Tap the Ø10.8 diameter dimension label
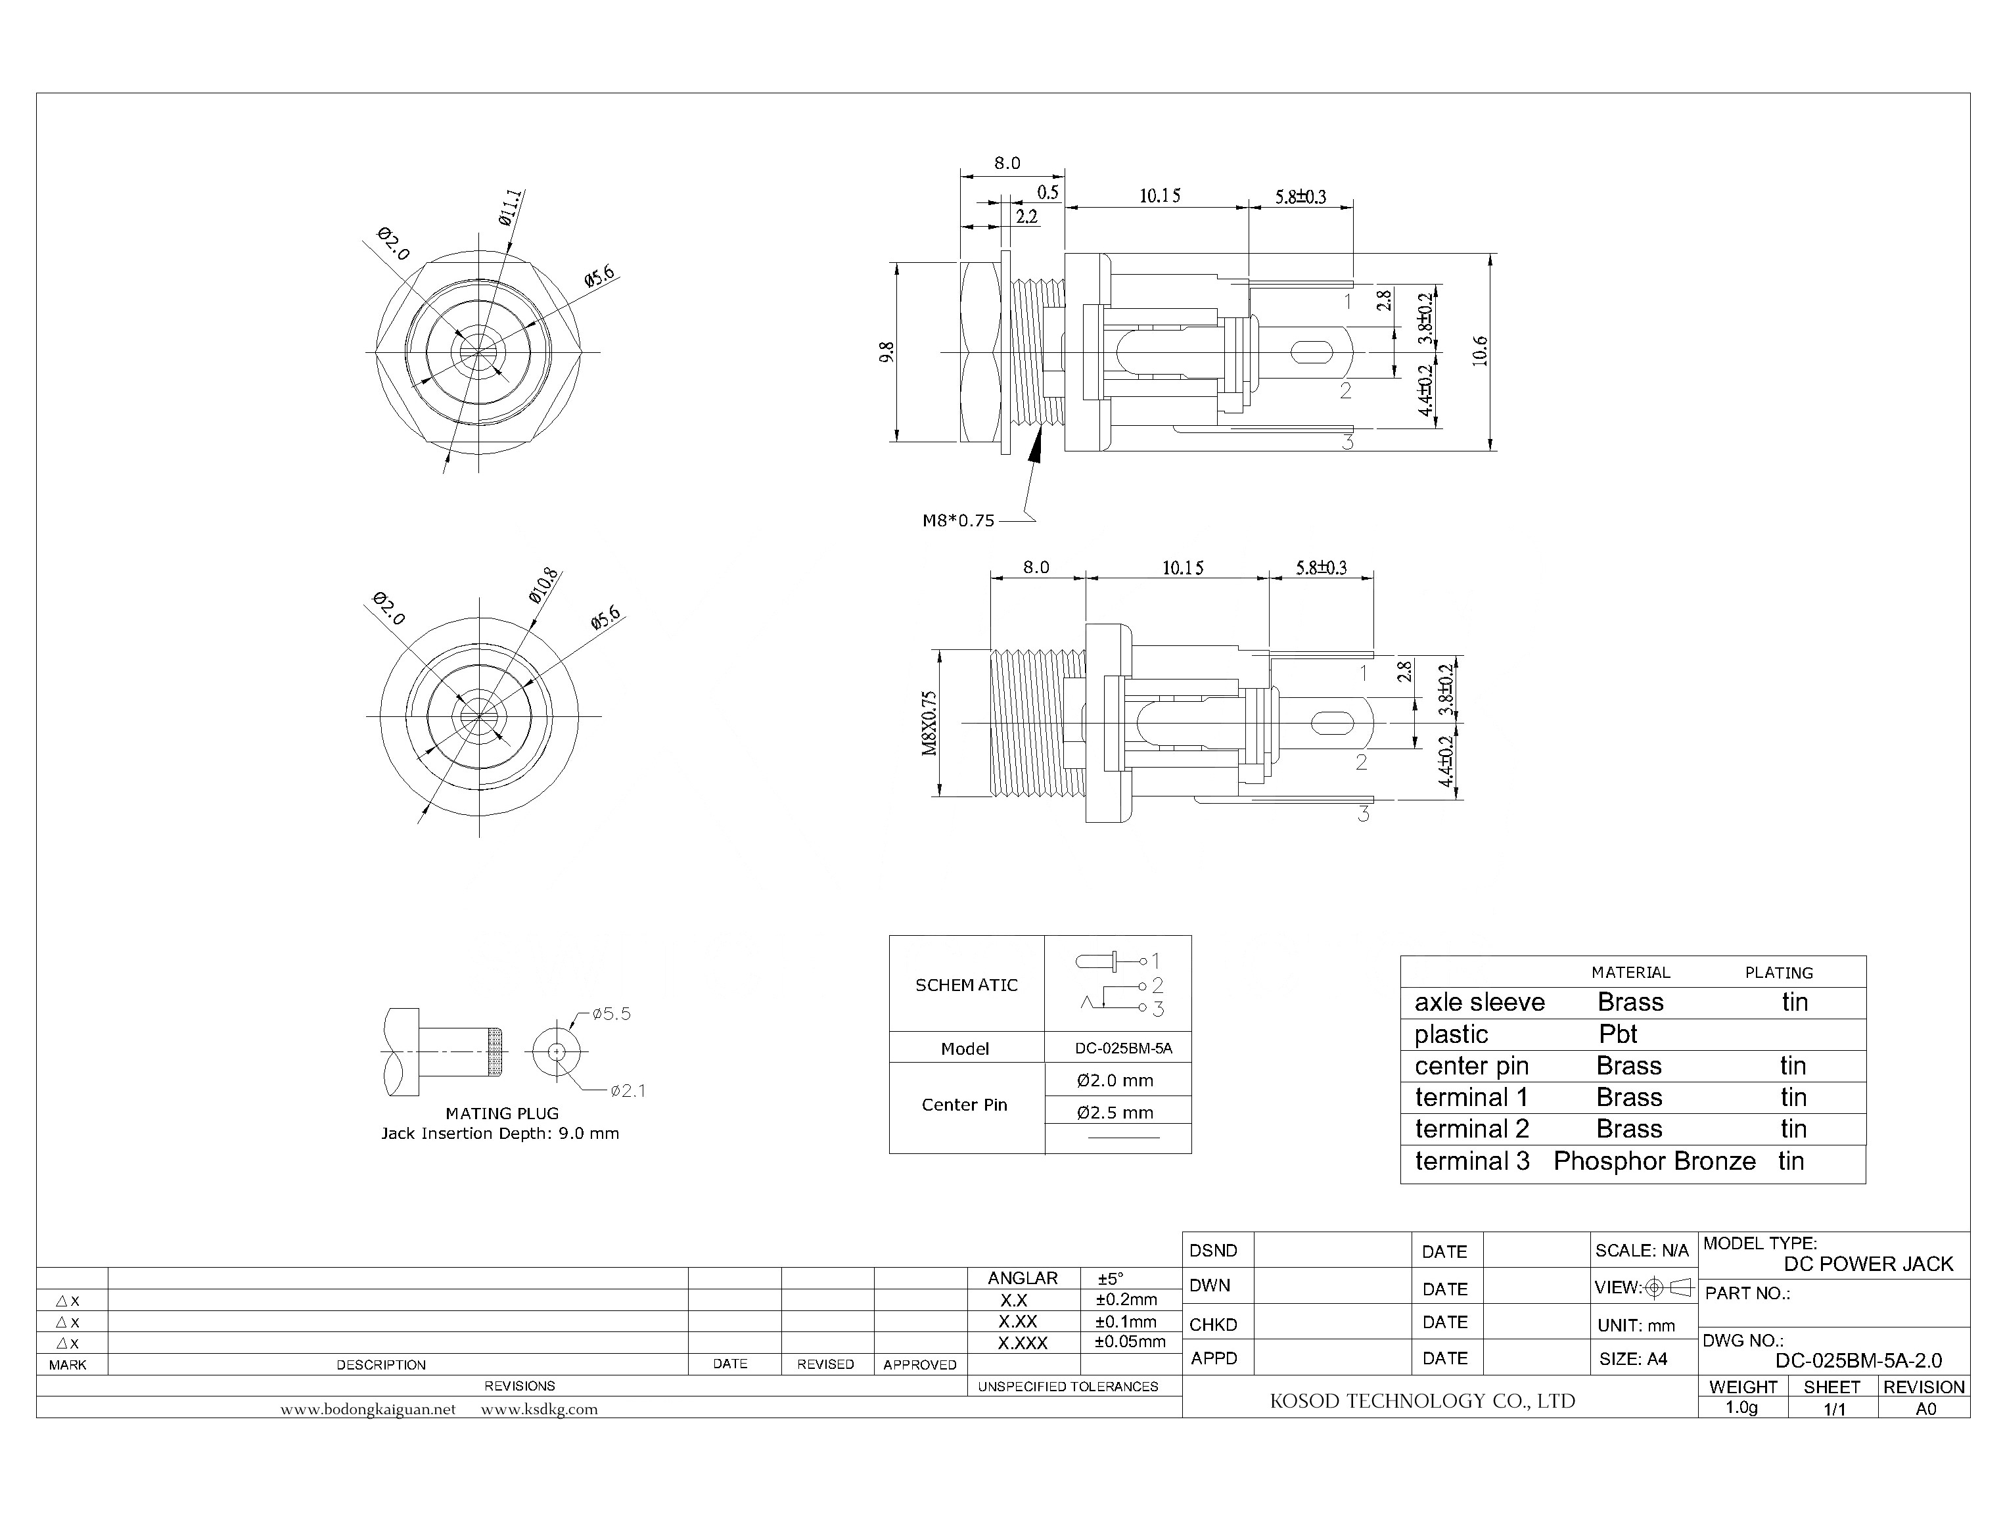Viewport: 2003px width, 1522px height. point(543,586)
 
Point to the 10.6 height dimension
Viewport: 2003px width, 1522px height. point(1479,351)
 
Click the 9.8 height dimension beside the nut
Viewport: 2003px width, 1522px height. point(887,352)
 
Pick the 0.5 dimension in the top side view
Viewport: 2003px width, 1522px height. point(1048,192)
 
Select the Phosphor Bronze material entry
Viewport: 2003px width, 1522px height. point(1654,1161)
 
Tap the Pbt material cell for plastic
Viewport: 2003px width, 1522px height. point(1618,1034)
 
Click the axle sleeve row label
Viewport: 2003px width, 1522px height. point(1479,1003)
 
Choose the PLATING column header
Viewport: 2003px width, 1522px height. point(1778,973)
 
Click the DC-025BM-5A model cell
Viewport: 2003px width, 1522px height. point(1123,1048)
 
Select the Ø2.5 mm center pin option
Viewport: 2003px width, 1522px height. point(1115,1113)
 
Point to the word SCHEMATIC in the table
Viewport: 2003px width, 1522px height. point(966,985)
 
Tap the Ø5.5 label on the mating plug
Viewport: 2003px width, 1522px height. point(612,1014)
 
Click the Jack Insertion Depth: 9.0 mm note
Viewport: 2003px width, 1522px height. point(500,1134)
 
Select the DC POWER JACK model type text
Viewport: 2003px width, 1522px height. point(1868,1264)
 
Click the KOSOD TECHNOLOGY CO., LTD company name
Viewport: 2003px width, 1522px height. point(1422,1400)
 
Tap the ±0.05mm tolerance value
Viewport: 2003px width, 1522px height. point(1130,1342)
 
